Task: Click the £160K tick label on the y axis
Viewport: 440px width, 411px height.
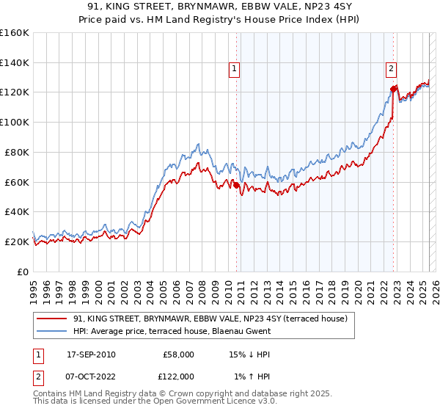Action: [15, 32]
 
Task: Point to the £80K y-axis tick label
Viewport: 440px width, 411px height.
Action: [17, 152]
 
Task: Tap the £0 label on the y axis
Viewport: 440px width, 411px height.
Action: [24, 272]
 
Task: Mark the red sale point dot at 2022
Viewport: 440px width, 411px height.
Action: [393, 89]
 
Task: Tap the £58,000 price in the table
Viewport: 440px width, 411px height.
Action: [178, 354]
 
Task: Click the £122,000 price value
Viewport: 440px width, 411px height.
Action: [178, 376]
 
